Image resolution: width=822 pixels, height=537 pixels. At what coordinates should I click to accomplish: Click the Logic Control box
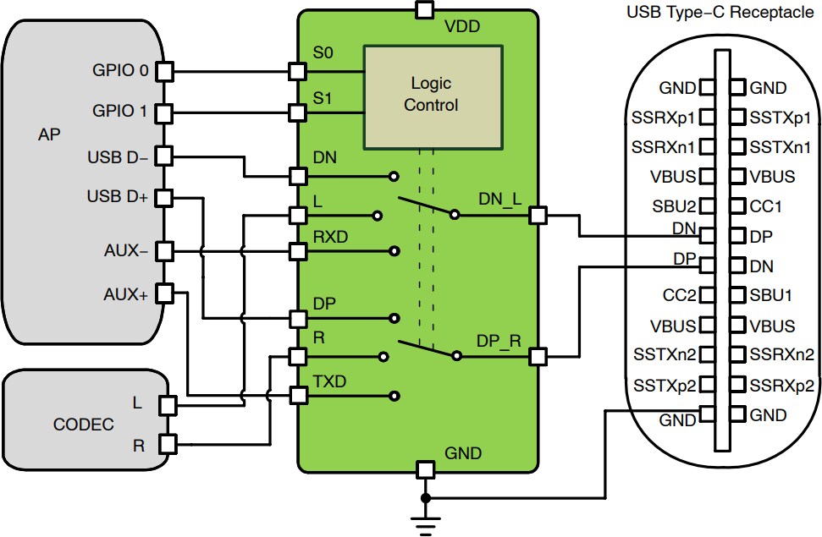click(x=420, y=94)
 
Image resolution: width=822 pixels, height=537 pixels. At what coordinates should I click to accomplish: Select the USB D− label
click(x=118, y=157)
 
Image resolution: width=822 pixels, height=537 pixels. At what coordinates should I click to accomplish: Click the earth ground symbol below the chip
click(x=425, y=525)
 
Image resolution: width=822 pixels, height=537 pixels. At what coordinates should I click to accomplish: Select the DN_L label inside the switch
click(x=500, y=200)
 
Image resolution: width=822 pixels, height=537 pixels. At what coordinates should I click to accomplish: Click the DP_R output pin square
click(x=536, y=356)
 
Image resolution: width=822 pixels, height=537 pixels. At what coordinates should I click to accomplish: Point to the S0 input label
click(x=323, y=53)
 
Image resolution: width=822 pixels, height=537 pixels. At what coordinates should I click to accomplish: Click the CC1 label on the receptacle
click(x=767, y=206)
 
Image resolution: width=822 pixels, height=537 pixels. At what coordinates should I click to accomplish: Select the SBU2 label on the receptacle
click(x=674, y=206)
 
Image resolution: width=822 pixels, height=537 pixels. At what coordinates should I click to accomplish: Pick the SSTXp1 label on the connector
click(x=774, y=118)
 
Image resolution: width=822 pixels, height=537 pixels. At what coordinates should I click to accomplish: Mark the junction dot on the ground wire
click(x=425, y=497)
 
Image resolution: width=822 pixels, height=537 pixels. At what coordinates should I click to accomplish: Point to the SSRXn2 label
click(x=781, y=354)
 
